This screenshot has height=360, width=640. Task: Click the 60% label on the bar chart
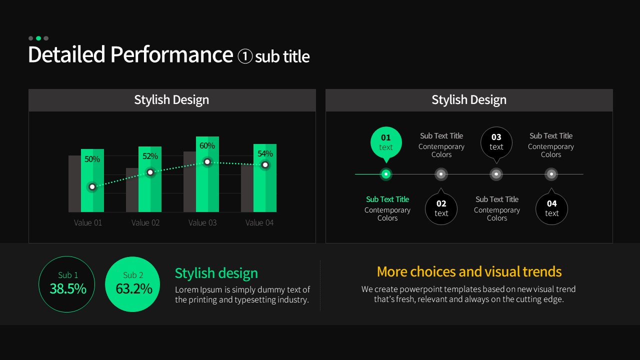pos(207,145)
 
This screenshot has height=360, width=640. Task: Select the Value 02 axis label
pos(145,222)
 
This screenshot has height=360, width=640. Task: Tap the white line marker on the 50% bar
pos(92,187)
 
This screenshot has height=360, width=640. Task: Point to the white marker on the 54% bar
pos(265,165)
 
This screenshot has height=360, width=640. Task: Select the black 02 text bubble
pos(441,207)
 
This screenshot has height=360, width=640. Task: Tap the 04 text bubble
pos(551,207)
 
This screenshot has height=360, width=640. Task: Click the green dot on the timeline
pos(386,174)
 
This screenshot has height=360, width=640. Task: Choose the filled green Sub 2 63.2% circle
pos(132,284)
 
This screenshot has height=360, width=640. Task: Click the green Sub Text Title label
pos(387,199)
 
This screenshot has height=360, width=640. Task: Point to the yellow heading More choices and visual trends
pos(469,271)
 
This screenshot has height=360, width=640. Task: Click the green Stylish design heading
pos(216,273)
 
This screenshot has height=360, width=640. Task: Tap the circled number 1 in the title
pos(245,56)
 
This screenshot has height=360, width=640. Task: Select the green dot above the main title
pos(38,38)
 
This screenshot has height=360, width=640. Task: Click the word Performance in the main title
pos(171,54)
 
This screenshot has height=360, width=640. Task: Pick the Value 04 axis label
pos(259,222)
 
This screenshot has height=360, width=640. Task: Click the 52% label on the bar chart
pos(150,156)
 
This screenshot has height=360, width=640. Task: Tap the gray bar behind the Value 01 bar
pos(74,183)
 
